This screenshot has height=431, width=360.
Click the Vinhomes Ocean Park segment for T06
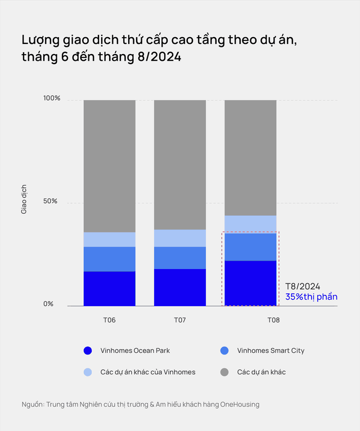pos(110,289)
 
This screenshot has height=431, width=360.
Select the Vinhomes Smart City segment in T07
pos(180,258)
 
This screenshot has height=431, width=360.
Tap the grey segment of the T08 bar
pos(250,158)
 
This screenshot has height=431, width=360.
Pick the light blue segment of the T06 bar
pos(110,239)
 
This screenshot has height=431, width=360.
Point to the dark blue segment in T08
pos(250,283)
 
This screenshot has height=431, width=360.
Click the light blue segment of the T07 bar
pos(180,238)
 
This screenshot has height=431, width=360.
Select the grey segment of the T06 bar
pos(110,166)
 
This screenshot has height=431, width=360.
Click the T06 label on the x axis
pos(110,320)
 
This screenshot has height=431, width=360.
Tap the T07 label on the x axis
pos(180,320)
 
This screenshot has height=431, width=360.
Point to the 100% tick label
pos(52,98)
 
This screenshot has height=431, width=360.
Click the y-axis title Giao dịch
pos(24,199)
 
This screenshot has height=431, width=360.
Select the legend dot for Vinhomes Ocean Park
pos(87,351)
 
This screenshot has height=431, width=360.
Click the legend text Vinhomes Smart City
pos(271,351)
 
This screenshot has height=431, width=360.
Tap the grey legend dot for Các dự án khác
pos(225,372)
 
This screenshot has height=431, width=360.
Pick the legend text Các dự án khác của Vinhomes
pos(147,372)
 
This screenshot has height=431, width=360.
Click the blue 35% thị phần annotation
pos(312,296)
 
